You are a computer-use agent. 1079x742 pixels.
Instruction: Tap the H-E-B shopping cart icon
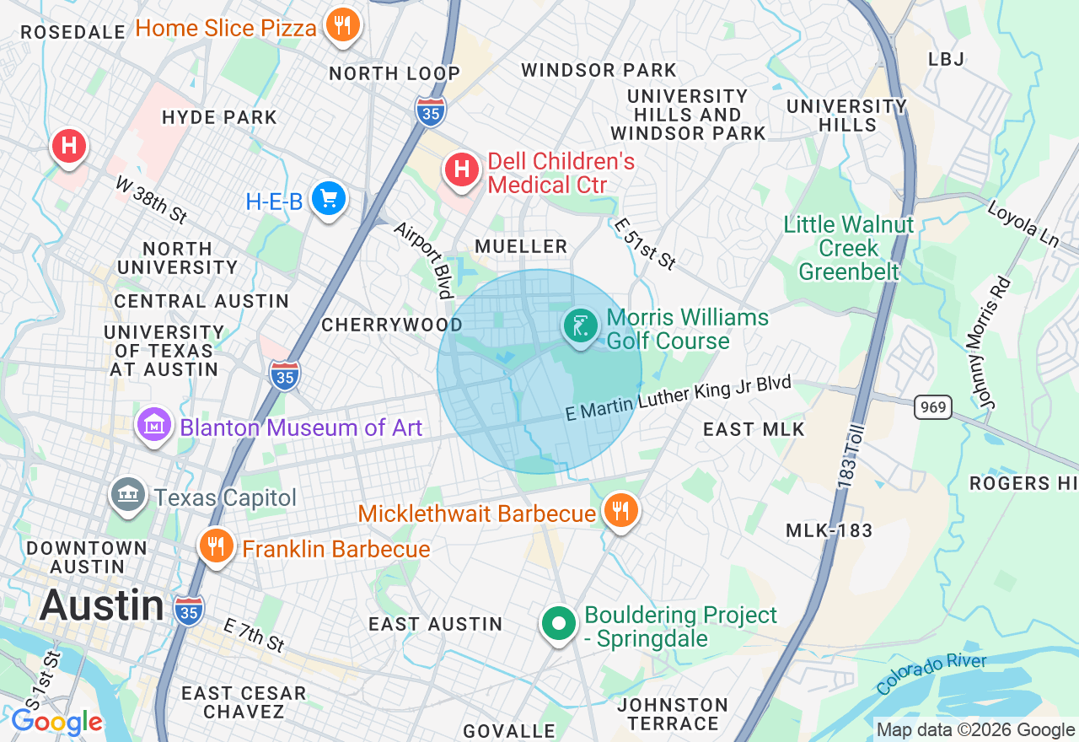(328, 199)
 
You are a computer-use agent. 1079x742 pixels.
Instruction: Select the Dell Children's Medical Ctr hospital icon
(461, 169)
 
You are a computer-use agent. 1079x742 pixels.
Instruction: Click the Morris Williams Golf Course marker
(580, 325)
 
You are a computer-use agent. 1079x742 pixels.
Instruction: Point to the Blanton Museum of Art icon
(154, 425)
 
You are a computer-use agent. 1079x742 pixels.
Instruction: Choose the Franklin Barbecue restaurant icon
(217, 546)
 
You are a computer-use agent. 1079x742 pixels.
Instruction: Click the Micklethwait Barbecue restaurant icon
(620, 510)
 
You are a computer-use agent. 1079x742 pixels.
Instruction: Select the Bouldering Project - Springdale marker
(557, 624)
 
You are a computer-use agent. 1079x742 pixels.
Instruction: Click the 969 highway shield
(934, 407)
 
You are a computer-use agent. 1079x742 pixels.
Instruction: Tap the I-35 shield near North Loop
(430, 111)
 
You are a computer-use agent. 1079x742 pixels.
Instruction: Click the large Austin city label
(102, 605)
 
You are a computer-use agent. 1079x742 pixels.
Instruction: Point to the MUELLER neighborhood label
(521, 246)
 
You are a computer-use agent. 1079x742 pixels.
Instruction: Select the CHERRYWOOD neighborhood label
(392, 325)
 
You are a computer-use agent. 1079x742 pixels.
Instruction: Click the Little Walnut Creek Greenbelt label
(848, 248)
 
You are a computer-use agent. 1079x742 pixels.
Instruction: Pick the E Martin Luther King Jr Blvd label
(679, 400)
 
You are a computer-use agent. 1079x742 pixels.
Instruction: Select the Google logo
(56, 722)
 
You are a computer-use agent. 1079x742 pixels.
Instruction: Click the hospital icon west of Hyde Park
(69, 146)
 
